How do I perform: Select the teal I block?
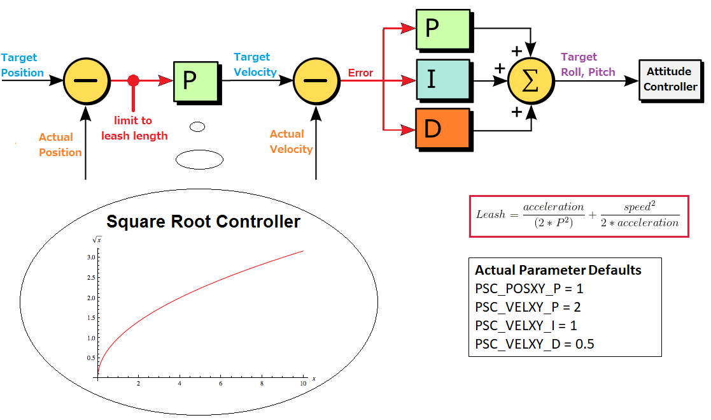[442, 80]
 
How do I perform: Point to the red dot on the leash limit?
[133, 80]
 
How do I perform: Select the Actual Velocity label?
[291, 141]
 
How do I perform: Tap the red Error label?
[360, 73]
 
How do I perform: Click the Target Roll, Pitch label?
[588, 65]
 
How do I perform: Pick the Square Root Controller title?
[203, 221]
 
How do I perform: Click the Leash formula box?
[579, 216]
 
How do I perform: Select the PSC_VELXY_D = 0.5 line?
[535, 345]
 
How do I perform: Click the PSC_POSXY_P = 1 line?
[529, 289]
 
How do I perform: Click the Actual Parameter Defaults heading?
[558, 270]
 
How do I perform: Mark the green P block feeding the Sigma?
[442, 30]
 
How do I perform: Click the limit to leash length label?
[134, 128]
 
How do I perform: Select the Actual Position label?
[60, 145]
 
